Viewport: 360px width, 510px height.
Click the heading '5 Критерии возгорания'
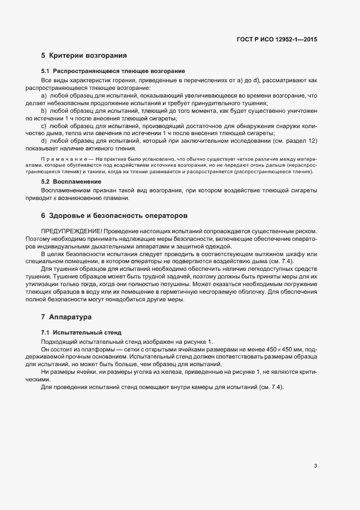click(x=84, y=56)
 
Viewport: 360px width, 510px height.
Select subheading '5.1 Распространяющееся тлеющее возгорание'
click(x=113, y=71)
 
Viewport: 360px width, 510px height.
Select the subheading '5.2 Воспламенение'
click(x=71, y=181)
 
